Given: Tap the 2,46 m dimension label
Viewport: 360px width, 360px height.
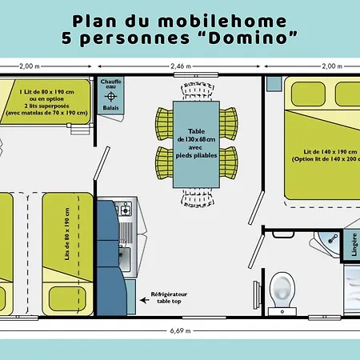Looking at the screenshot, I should [181, 67].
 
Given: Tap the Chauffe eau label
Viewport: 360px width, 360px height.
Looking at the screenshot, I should [110, 84].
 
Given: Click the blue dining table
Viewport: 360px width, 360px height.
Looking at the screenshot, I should [196, 144].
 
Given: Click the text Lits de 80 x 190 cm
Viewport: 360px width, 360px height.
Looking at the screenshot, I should [66, 242].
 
